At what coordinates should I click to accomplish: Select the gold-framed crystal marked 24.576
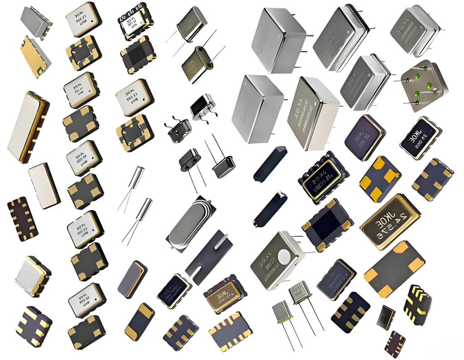[x=389, y=222]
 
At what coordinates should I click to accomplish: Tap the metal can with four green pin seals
[x=424, y=85]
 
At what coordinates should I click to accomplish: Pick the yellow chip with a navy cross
[x=380, y=179]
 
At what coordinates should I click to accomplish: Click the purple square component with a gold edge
[x=365, y=137]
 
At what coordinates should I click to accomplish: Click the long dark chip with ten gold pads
[x=22, y=219]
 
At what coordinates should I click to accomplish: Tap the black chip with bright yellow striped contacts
[x=417, y=304]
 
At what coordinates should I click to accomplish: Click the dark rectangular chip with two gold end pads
[x=139, y=321]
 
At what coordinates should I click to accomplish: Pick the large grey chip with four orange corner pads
[x=394, y=269]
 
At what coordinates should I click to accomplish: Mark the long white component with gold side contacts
[x=28, y=127]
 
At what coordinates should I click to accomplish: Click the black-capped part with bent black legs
[x=202, y=107]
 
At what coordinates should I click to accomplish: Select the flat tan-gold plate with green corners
[x=35, y=56]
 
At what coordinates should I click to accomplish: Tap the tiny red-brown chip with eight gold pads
[x=395, y=344]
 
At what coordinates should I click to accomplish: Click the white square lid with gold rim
[x=33, y=276]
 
